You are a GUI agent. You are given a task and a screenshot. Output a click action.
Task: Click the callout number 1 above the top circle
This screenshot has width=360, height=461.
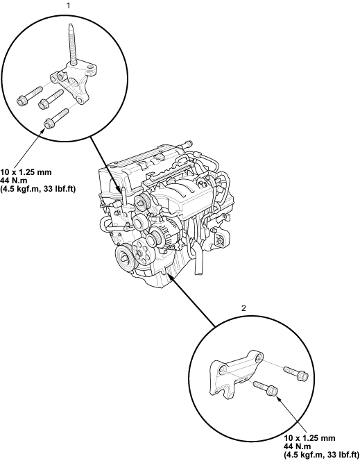tap(69, 6)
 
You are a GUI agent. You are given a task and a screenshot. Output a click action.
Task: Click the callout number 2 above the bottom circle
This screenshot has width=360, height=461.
tap(243, 308)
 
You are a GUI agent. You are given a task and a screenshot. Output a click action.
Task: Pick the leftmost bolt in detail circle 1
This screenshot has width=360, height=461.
tap(30, 96)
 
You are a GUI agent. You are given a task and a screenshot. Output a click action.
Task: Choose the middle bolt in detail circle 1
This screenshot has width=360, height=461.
tap(51, 99)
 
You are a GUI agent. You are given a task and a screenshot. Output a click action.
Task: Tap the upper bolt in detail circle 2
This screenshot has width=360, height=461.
tap(295, 373)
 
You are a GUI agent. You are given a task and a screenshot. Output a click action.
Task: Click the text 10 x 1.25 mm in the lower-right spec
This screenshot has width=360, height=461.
tap(309, 438)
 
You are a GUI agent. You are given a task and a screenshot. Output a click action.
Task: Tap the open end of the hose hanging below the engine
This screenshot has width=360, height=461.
tap(199, 273)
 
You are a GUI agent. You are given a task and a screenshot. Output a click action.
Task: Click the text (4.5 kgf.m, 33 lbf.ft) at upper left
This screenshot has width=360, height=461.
tap(38, 189)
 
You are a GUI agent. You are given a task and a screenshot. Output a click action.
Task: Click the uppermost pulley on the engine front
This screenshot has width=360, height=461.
tap(142, 202)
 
